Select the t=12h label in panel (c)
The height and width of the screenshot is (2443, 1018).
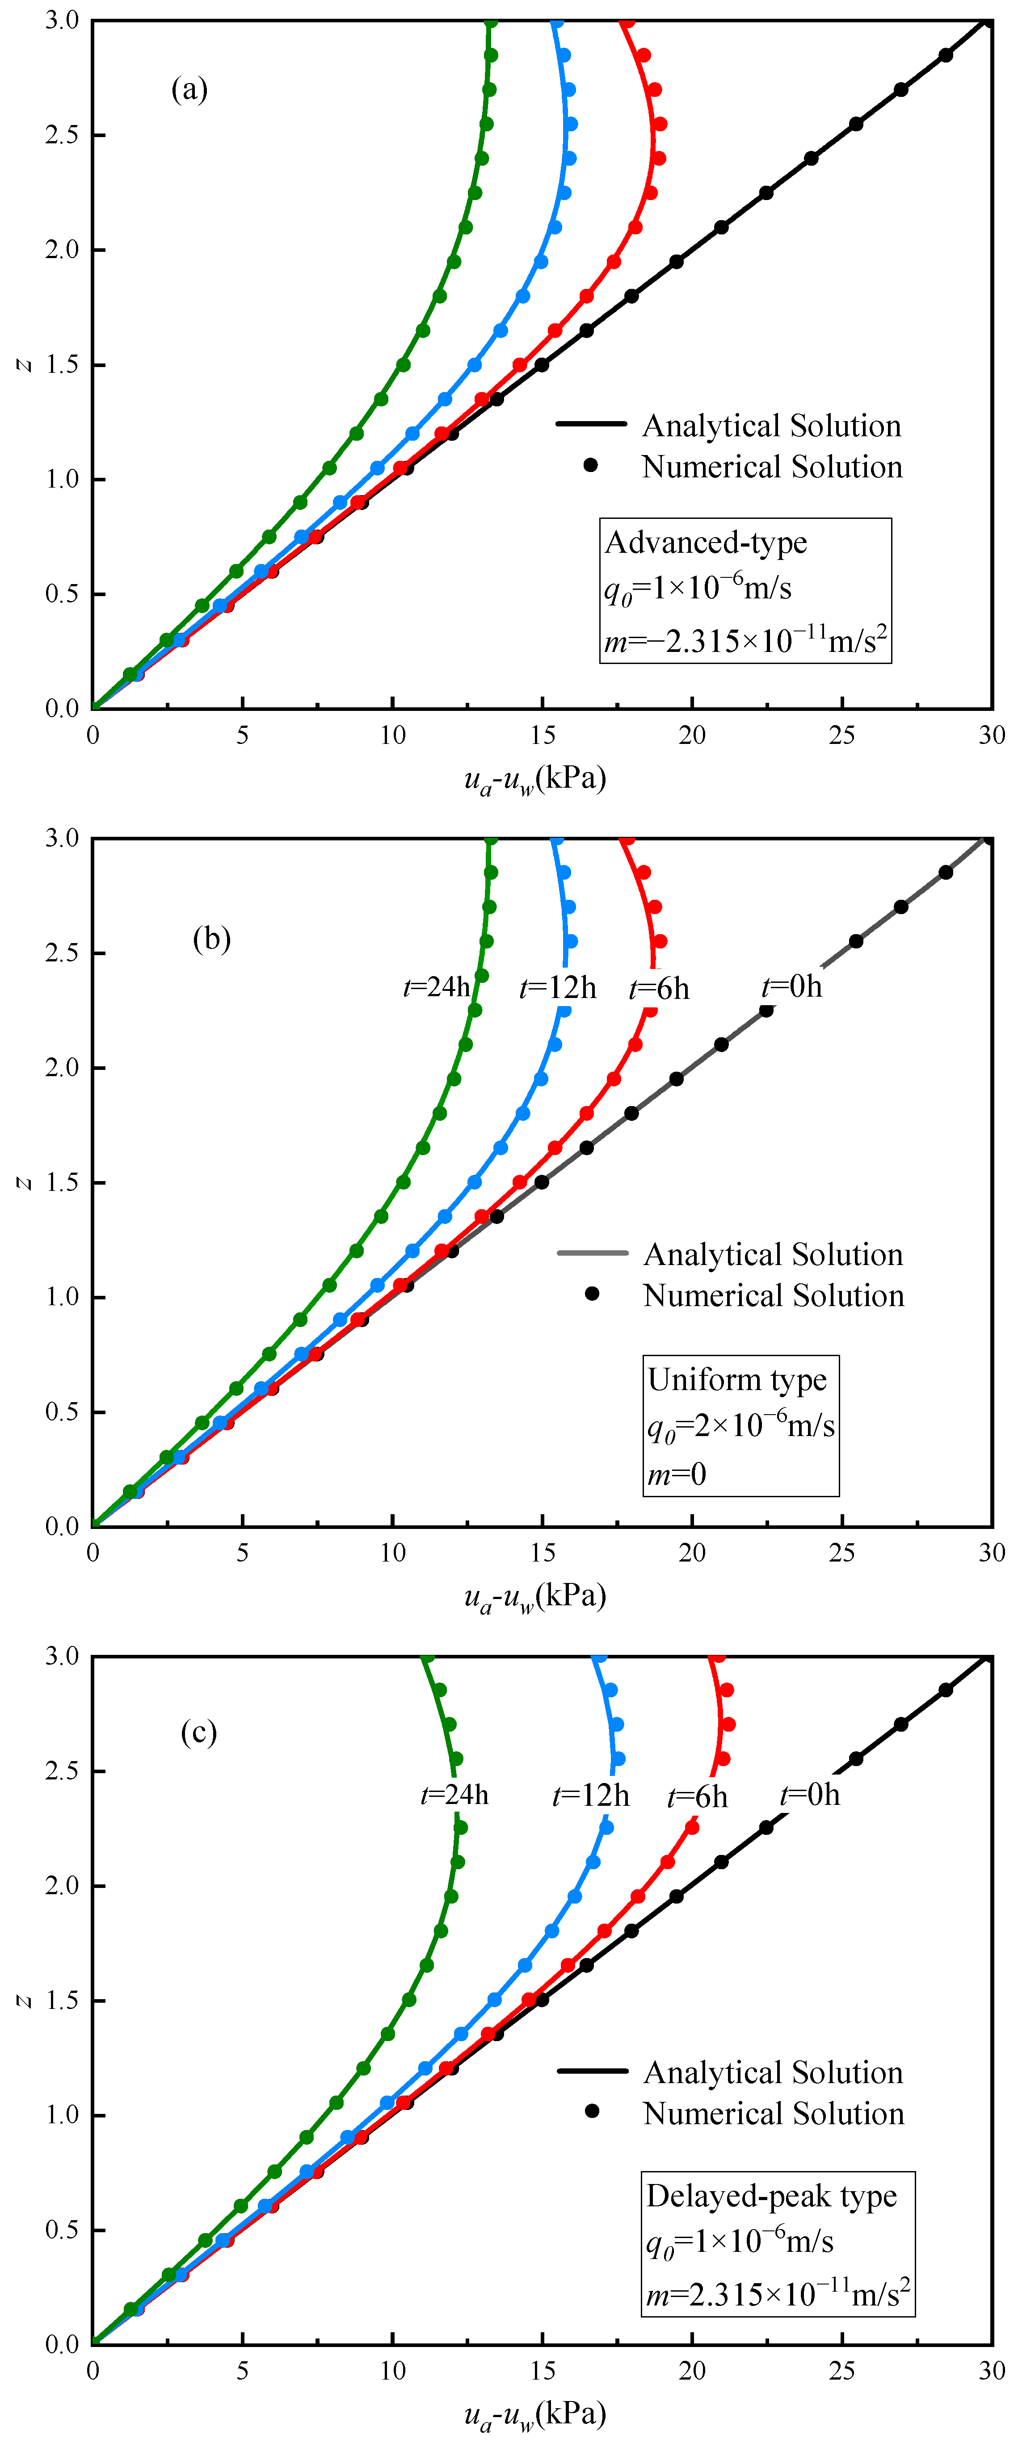point(590,1795)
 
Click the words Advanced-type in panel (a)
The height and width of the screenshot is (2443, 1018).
point(706,543)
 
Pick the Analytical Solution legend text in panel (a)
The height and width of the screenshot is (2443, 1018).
point(771,426)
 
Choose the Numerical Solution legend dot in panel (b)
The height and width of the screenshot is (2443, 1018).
point(592,1294)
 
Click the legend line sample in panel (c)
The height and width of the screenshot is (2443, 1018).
point(592,2071)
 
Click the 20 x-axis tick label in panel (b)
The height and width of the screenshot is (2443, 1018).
point(692,1553)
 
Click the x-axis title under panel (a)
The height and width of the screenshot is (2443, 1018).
point(535,780)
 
